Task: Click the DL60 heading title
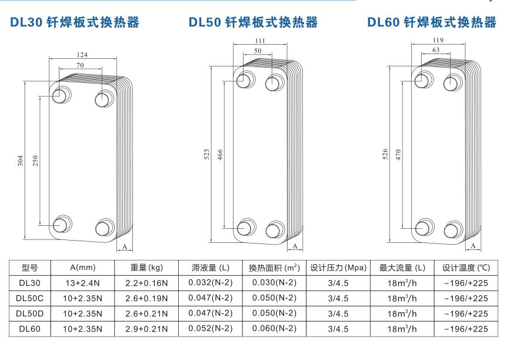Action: click(x=432, y=23)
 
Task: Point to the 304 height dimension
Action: click(x=19, y=159)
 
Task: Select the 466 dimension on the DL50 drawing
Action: click(x=219, y=155)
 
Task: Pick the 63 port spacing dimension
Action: click(x=436, y=50)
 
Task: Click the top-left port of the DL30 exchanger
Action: click(x=61, y=96)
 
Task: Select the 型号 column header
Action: click(x=30, y=268)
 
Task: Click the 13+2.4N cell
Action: click(x=82, y=282)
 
